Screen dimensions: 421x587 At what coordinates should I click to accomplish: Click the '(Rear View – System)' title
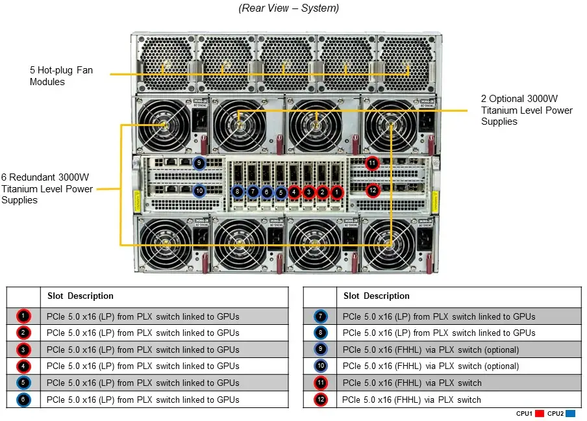click(x=289, y=8)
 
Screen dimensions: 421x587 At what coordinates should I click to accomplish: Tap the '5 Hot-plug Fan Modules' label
click(x=61, y=75)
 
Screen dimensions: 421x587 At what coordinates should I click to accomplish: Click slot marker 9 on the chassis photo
click(x=199, y=163)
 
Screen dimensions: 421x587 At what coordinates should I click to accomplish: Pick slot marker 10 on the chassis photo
click(x=199, y=191)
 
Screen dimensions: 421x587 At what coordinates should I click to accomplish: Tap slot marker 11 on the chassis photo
click(x=372, y=163)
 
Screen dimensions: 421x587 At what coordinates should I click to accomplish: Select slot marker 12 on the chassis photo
click(x=372, y=190)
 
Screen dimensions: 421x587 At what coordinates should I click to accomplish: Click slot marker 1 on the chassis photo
click(x=336, y=192)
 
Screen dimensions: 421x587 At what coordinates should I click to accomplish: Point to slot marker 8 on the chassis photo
click(x=238, y=192)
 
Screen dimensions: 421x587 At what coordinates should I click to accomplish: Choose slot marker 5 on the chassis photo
click(x=281, y=192)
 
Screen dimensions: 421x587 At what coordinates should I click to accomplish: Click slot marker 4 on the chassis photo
click(x=294, y=192)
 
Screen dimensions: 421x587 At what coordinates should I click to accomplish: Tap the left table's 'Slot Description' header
click(x=81, y=296)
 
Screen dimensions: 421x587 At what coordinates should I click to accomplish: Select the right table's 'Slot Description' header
click(x=377, y=296)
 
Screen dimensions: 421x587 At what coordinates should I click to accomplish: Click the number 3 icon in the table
click(x=23, y=350)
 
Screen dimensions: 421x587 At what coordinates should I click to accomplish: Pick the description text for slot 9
click(x=431, y=350)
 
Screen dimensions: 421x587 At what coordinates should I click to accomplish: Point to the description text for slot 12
click(x=412, y=400)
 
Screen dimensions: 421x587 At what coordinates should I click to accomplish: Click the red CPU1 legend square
click(x=539, y=413)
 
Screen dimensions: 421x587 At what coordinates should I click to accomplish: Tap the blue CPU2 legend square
click(x=571, y=413)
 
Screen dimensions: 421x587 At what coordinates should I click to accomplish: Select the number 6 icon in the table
click(x=23, y=400)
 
